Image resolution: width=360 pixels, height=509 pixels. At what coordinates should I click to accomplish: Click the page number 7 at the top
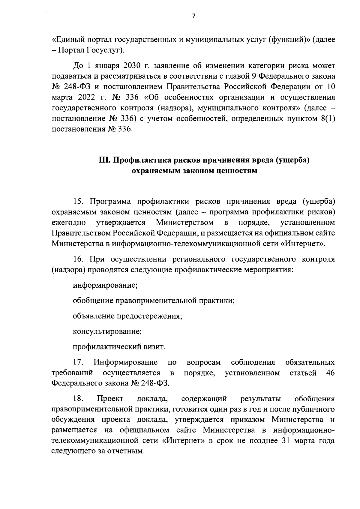[193, 16]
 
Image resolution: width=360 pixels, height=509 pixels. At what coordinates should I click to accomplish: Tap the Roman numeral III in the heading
[104, 160]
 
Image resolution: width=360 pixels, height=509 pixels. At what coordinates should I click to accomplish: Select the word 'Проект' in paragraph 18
[110, 399]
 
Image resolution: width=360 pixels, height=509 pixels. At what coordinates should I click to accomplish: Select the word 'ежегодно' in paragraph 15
[69, 223]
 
